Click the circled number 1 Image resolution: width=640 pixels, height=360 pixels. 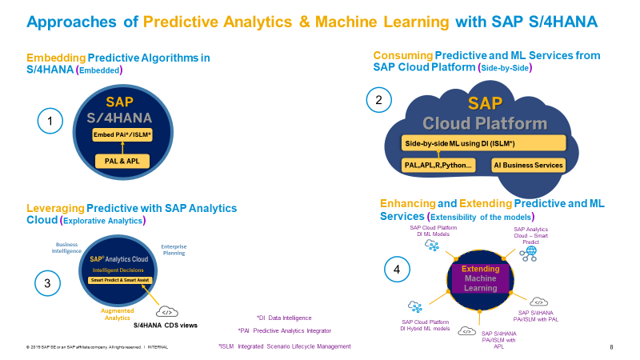(50, 121)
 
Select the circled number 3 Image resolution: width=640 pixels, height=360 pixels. (48, 282)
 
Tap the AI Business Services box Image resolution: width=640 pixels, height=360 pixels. (529, 165)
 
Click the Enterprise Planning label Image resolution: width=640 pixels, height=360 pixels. (174, 251)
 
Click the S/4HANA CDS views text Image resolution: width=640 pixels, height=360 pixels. (166, 326)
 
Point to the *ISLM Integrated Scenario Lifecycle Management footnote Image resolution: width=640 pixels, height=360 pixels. (284, 346)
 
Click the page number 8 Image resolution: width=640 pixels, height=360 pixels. (611, 347)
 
